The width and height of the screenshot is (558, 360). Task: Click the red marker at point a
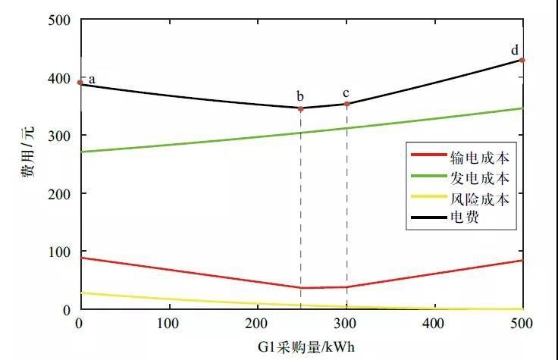click(80, 82)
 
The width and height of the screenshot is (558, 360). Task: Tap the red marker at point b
click(301, 108)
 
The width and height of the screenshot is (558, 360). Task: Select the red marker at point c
click(346, 104)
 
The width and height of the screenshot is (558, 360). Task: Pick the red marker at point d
click(522, 60)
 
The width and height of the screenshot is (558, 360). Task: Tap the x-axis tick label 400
click(434, 324)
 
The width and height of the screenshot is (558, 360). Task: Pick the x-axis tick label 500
click(522, 324)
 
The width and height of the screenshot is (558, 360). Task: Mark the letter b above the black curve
click(300, 96)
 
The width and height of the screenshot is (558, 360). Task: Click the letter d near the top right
click(515, 50)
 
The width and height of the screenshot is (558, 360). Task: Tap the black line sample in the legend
click(428, 219)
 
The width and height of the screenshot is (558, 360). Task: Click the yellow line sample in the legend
click(428, 199)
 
